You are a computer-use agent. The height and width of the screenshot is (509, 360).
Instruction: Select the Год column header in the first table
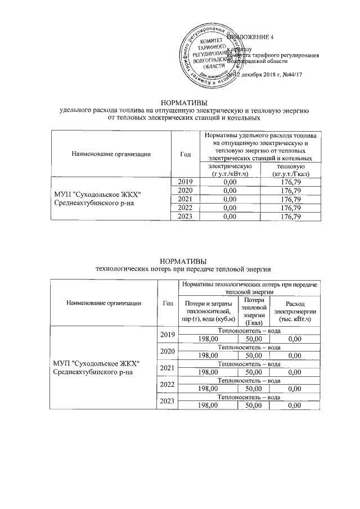pyautogui.click(x=186, y=154)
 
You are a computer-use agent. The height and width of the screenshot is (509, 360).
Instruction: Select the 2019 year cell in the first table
pyautogui.click(x=186, y=182)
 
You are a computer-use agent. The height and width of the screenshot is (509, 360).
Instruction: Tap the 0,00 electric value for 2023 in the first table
pyautogui.click(x=229, y=217)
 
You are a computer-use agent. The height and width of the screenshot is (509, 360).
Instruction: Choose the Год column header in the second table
pyautogui.click(x=167, y=303)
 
